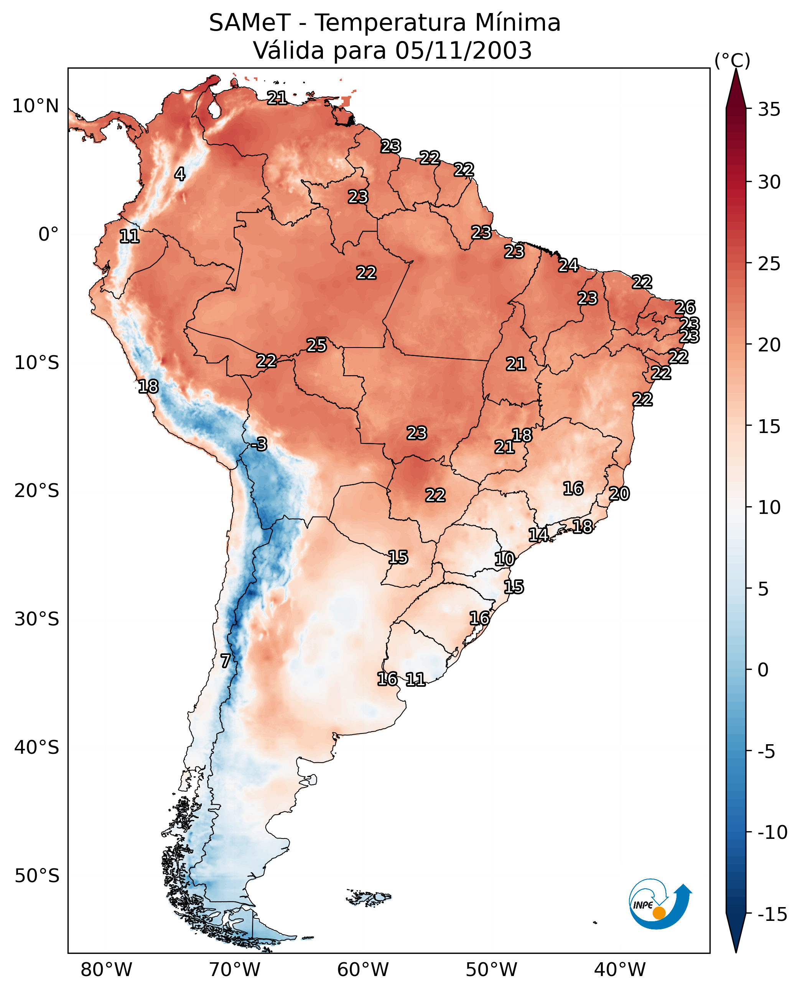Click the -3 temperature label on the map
pyautogui.click(x=259, y=444)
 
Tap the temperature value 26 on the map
pyautogui.click(x=685, y=307)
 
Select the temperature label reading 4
pyautogui.click(x=180, y=174)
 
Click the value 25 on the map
pyautogui.click(x=317, y=345)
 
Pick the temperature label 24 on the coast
pyautogui.click(x=568, y=265)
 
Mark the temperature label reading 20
pyautogui.click(x=619, y=494)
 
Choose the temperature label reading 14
pyautogui.click(x=538, y=535)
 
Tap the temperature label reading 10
pyautogui.click(x=505, y=559)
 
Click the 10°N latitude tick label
pyautogui.click(x=36, y=107)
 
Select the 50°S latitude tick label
pyautogui.click(x=37, y=875)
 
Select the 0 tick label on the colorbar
pyautogui.click(x=763, y=670)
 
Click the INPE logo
pyautogui.click(x=660, y=904)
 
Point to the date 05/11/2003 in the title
pyautogui.click(x=464, y=50)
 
